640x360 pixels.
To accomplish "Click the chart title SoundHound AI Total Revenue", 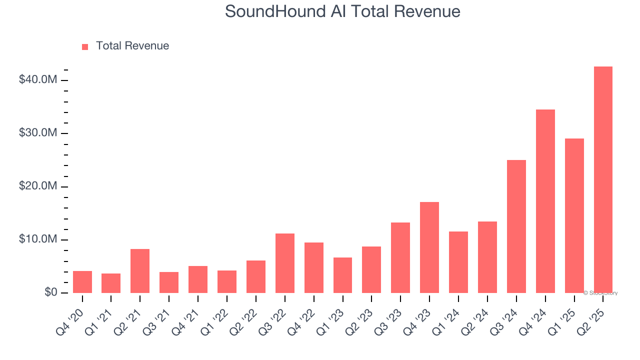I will (x=342, y=11).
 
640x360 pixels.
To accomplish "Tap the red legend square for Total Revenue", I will (x=85, y=46).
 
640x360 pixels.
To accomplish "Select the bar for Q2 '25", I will (x=603, y=180).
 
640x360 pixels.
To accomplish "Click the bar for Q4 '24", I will (x=545, y=201).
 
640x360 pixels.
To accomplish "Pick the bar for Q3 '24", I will (x=516, y=226).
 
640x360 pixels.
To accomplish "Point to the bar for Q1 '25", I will (x=574, y=215).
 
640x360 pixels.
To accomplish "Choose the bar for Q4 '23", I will (x=429, y=247).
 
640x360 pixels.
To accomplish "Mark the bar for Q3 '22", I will (x=285, y=263).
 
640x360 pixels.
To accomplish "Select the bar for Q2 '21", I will (x=140, y=271).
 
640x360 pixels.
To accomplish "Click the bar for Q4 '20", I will (x=82, y=282).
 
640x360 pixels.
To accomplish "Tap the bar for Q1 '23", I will (x=342, y=275).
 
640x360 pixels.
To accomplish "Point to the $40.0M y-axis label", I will (x=38, y=80).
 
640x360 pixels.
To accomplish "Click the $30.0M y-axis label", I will (x=38, y=133).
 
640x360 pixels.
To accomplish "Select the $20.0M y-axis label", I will (x=38, y=186).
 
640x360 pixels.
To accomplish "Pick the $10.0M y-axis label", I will (x=38, y=239).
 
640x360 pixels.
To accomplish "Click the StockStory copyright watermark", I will (x=600, y=293).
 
